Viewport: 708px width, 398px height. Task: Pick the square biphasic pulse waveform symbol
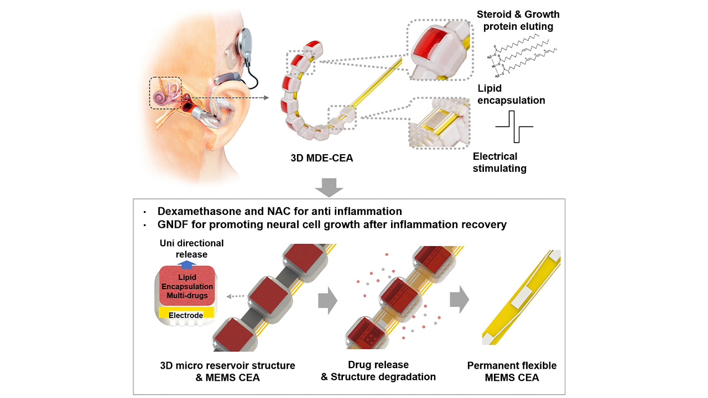point(514,127)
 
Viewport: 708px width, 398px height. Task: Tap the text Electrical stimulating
point(499,163)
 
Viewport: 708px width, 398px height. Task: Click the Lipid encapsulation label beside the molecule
point(512,93)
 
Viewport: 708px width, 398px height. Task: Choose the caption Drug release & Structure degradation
point(378,371)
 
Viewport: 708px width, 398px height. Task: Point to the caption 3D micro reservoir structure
point(227,365)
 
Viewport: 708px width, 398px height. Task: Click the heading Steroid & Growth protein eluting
point(518,20)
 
